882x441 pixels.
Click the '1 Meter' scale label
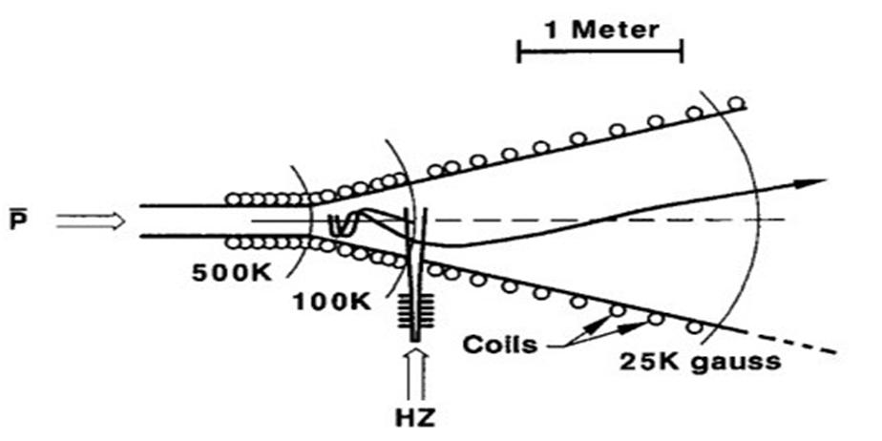[600, 29]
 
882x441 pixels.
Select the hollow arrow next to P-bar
[90, 221]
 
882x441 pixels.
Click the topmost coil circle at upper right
[736, 103]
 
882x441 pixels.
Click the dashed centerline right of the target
[611, 220]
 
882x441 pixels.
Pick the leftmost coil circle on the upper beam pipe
[232, 199]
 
